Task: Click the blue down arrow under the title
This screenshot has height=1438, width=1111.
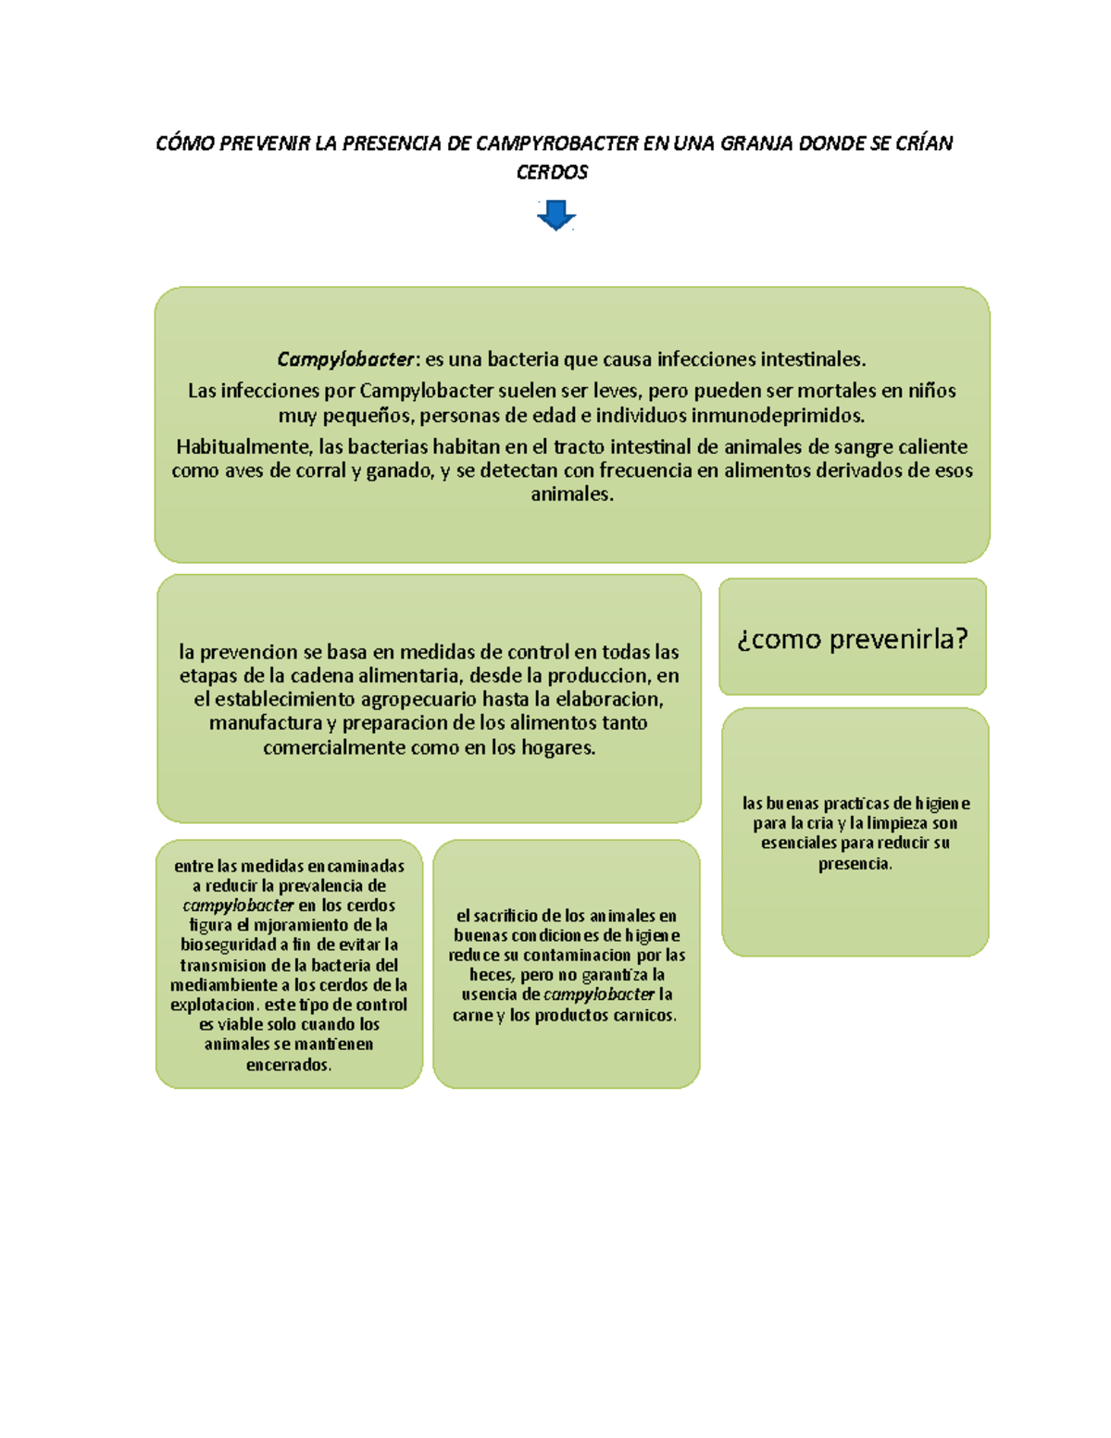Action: pos(555,217)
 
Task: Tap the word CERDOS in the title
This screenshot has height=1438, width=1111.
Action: pos(552,172)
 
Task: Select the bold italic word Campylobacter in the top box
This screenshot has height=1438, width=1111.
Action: pos(345,359)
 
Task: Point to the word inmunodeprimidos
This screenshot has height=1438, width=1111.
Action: pos(778,415)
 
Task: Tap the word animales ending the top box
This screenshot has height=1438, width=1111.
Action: pos(571,494)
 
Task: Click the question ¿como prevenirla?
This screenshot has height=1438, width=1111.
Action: pos(853,639)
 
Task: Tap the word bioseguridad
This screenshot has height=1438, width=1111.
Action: pos(229,945)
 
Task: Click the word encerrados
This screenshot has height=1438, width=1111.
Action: pos(288,1065)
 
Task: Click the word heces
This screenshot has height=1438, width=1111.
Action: pos(491,975)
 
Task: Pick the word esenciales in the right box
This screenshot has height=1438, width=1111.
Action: pos(804,844)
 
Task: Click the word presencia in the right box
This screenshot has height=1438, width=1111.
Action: pos(854,864)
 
